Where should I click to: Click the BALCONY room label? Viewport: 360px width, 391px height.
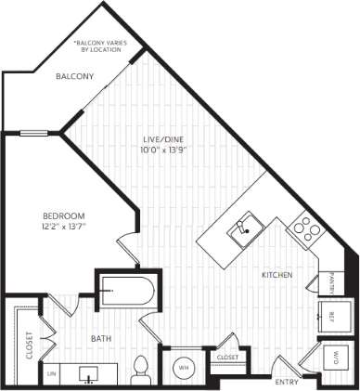[x=74, y=77]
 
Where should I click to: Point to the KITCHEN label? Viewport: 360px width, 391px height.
[x=276, y=276]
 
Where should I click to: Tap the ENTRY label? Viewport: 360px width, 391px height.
[x=287, y=382]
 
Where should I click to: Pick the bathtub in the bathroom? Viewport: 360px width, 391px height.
[x=126, y=291]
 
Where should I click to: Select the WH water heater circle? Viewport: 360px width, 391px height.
[x=183, y=368]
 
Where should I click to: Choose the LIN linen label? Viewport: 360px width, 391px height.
[x=51, y=374]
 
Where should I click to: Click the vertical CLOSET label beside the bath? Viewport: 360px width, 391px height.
[x=29, y=345]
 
